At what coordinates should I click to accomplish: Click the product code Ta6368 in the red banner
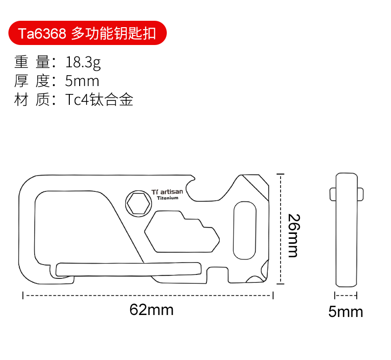tap(42, 34)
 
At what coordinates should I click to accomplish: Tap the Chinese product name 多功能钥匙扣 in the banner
tap(113, 34)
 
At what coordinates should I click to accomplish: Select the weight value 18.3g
tap(83, 62)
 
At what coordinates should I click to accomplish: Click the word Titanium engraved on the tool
tap(167, 198)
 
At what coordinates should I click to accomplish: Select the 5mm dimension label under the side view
tap(345, 312)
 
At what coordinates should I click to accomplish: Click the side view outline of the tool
tap(346, 229)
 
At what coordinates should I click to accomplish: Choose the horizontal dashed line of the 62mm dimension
tap(148, 296)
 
